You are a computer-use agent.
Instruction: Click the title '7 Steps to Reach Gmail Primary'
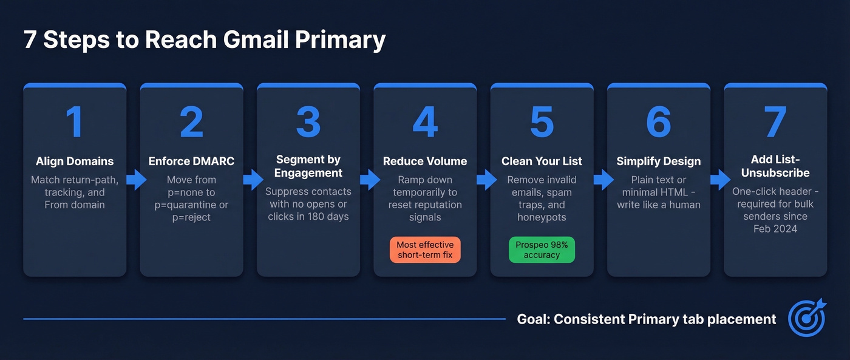point(205,40)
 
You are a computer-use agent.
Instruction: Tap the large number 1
point(75,122)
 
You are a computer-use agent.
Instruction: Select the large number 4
point(425,122)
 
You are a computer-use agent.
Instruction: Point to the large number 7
point(775,122)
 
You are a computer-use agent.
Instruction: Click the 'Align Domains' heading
point(75,161)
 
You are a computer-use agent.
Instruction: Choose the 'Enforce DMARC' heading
point(191,161)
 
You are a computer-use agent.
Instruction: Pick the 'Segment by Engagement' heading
point(308,166)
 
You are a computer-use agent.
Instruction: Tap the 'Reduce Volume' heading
point(425,161)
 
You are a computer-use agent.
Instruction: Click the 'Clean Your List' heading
point(542,161)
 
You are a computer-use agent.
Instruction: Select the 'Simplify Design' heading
point(659,161)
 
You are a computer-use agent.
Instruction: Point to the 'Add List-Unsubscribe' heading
point(775,166)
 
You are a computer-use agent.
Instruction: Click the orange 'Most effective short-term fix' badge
point(425,250)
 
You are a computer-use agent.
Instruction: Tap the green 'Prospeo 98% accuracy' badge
point(542,250)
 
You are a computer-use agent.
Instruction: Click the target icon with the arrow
point(807,318)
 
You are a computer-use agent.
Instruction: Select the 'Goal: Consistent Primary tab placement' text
point(647,319)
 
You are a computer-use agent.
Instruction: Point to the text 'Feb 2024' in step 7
point(775,229)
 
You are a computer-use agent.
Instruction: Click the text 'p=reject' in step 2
point(191,217)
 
